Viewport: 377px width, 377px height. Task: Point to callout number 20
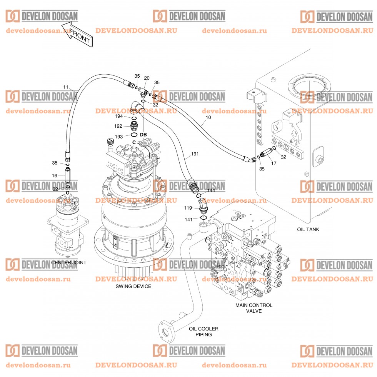click(147, 78)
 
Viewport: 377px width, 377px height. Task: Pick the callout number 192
click(118, 126)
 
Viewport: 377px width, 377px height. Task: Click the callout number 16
click(55, 175)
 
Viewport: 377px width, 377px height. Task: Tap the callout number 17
click(274, 163)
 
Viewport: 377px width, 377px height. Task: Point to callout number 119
click(188, 208)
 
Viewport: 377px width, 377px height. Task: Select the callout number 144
click(211, 190)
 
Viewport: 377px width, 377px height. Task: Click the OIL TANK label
click(308, 230)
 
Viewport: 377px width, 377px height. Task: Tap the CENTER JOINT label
click(68, 263)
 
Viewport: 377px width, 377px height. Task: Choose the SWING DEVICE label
click(133, 287)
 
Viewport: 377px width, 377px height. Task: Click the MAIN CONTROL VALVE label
click(254, 308)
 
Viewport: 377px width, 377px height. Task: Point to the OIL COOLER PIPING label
click(204, 332)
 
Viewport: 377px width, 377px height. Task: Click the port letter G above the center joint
click(68, 192)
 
